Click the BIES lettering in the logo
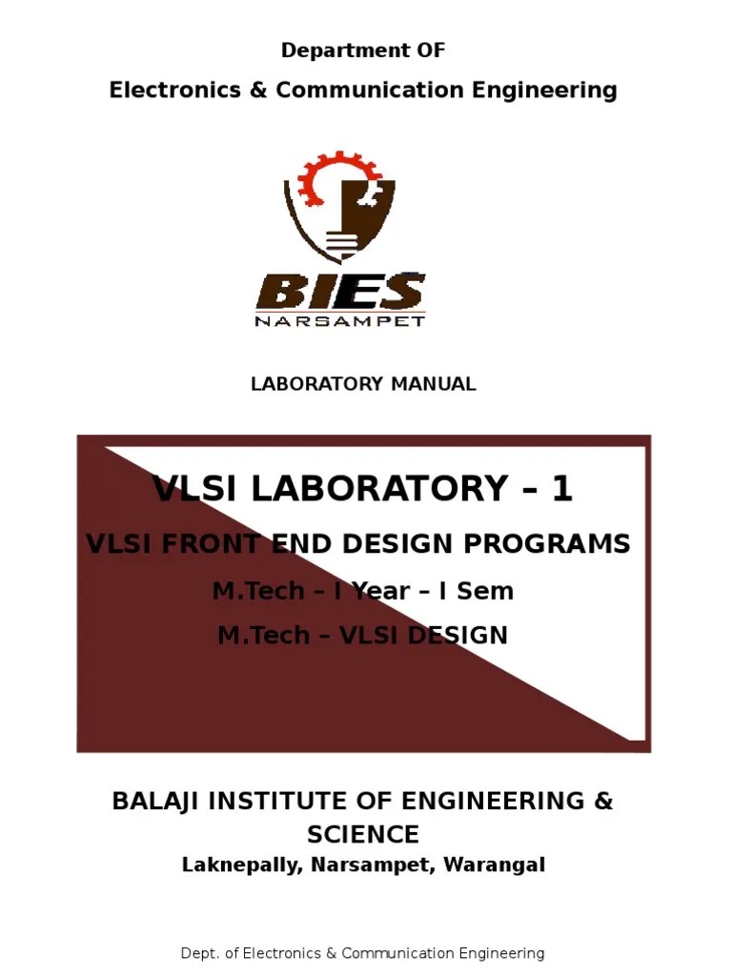[x=340, y=291]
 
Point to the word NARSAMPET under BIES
[x=340, y=321]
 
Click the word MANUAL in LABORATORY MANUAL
[x=433, y=384]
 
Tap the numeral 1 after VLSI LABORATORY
[x=561, y=489]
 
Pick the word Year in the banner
[x=386, y=591]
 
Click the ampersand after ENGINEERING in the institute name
[x=603, y=801]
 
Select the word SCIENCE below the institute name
[x=363, y=835]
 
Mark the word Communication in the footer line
[x=398, y=953]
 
